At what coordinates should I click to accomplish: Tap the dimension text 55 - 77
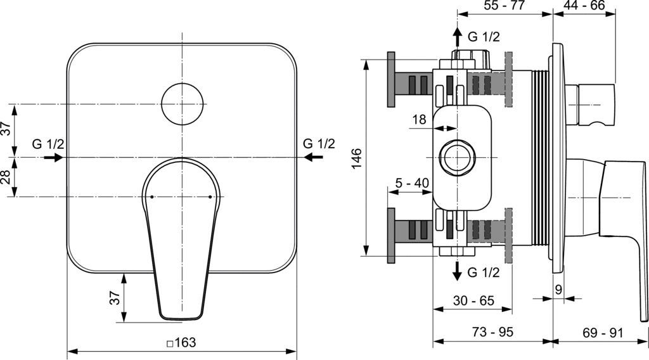pyautogui.click(x=505, y=6)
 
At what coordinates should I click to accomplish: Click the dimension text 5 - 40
pyautogui.click(x=412, y=183)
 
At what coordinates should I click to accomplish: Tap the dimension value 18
pyautogui.click(x=420, y=119)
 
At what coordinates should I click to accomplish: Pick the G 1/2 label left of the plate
pyautogui.click(x=48, y=144)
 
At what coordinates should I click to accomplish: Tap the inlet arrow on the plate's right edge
pyautogui.click(x=311, y=157)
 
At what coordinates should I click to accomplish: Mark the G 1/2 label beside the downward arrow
pyautogui.click(x=484, y=273)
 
